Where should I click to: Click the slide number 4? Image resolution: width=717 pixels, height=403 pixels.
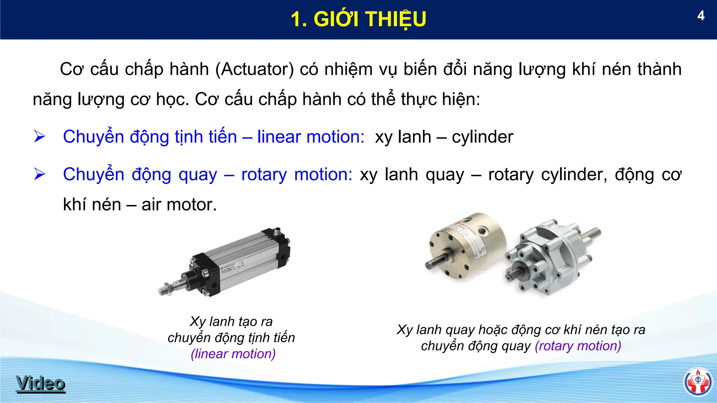(701, 16)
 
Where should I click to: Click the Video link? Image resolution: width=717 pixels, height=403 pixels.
(41, 383)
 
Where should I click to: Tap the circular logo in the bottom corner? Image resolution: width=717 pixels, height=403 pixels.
(698, 382)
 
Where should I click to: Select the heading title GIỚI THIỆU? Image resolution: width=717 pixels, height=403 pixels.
(358, 19)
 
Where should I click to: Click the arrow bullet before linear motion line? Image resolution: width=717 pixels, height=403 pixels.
(40, 136)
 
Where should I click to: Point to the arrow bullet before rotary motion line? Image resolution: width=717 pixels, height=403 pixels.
(40, 174)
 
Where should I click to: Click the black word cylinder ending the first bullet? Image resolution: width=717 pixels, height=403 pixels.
(482, 137)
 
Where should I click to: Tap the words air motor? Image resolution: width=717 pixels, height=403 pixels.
(179, 205)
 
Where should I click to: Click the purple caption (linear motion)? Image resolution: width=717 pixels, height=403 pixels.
(233, 354)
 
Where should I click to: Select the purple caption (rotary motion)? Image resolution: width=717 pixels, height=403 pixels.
(578, 346)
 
